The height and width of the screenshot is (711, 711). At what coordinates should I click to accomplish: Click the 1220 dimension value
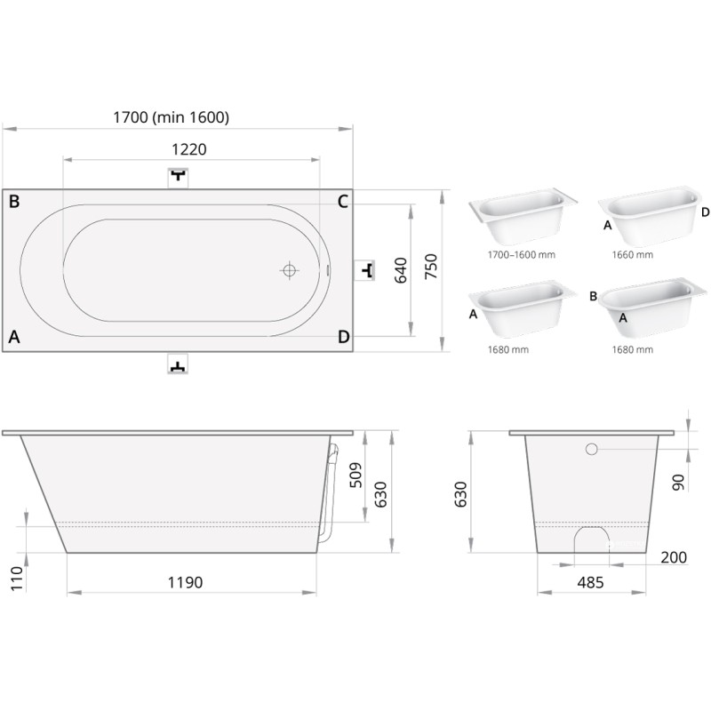coord(189,149)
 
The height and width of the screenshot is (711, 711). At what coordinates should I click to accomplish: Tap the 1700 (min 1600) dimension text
coord(171,117)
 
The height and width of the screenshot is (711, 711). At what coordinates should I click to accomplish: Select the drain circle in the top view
coord(290,270)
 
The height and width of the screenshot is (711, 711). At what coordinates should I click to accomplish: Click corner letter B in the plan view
coord(14,202)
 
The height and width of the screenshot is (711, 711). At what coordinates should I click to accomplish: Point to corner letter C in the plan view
coord(343,202)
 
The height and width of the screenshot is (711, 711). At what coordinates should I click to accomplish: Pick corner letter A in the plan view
coord(14,337)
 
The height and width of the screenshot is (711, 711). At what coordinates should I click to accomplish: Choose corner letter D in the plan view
coord(344,337)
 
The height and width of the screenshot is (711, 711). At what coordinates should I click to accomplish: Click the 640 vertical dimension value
coord(401,270)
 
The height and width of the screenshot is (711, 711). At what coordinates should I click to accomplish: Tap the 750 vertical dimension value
coord(431,267)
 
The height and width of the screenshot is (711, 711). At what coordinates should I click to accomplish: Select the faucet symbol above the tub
coord(179,177)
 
